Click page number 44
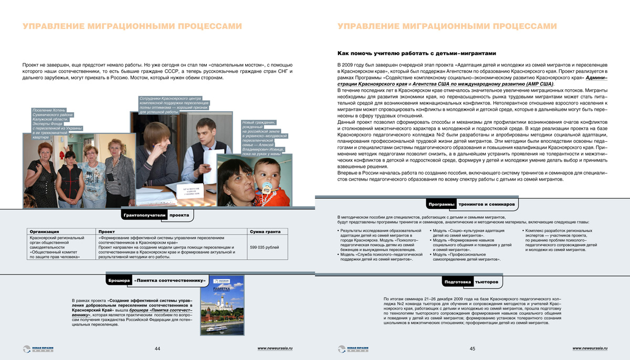157,348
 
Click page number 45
472,348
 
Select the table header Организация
44,231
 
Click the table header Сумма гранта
268,231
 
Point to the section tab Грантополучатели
144,215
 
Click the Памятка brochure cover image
223,305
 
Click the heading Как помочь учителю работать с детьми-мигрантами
416,53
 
